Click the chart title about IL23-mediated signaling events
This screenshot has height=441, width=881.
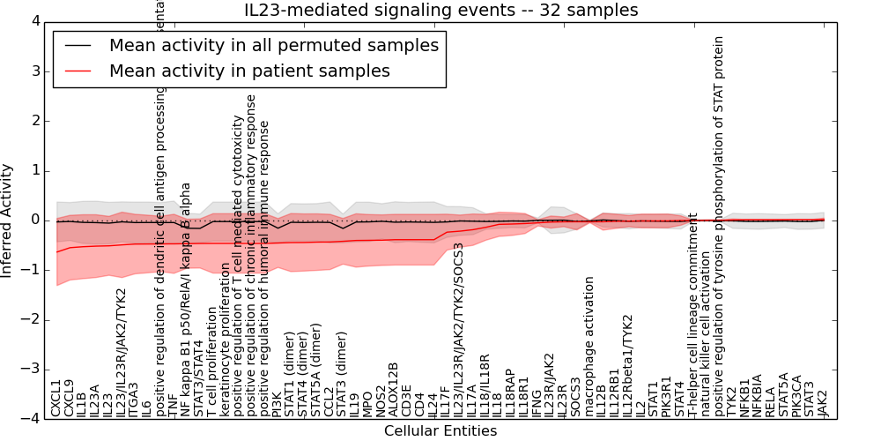tap(440, 11)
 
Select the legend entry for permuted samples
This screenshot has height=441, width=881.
tap(274, 46)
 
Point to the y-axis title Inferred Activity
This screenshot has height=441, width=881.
tap(8, 220)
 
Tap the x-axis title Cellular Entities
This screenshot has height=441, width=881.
tap(440, 431)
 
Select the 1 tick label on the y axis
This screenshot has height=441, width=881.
tap(34, 170)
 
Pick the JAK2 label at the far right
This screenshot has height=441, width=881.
tap(823, 402)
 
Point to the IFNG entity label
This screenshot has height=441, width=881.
tap(537, 400)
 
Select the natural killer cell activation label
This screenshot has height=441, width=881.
tap(706, 352)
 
